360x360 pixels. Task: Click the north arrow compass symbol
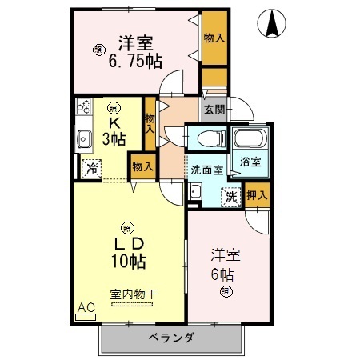click(271, 23)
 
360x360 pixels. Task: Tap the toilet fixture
click(211, 138)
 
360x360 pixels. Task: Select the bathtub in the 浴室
click(250, 138)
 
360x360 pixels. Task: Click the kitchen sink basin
click(84, 139)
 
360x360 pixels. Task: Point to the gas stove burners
click(83, 106)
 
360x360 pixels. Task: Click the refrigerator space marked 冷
click(91, 169)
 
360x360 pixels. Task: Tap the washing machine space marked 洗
click(231, 197)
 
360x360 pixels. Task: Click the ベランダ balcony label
click(171, 338)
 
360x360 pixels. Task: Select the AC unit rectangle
click(86, 317)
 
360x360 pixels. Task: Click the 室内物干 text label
click(134, 294)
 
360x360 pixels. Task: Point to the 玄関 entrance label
click(214, 110)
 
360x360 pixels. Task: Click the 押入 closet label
click(257, 195)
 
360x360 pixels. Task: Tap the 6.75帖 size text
click(135, 62)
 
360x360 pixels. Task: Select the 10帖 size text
click(129, 261)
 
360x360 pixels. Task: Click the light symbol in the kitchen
click(114, 108)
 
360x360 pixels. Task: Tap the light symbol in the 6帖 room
click(226, 291)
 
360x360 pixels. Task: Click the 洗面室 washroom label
click(207, 170)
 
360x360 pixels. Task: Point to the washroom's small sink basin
click(195, 191)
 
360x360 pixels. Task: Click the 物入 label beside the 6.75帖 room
click(214, 38)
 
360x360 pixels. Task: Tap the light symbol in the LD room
click(127, 228)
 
